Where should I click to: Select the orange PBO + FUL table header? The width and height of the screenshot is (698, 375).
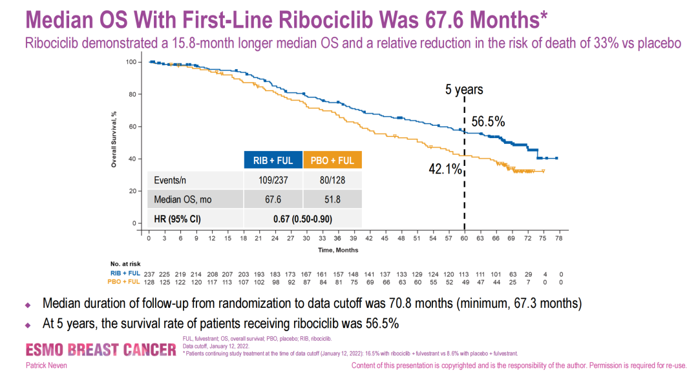click(x=332, y=161)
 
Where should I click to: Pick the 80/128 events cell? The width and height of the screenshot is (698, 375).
click(x=332, y=181)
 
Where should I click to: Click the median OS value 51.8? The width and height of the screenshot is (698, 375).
click(x=332, y=199)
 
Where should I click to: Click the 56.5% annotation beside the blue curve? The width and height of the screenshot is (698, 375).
click(x=488, y=121)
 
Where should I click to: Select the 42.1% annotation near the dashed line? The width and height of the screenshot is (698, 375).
click(x=445, y=169)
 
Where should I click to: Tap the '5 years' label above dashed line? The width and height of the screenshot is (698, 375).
click(x=464, y=90)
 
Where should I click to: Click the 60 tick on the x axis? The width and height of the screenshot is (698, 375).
click(x=464, y=238)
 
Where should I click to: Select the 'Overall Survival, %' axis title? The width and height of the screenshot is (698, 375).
click(x=114, y=139)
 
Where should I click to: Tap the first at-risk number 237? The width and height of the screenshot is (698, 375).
click(x=149, y=274)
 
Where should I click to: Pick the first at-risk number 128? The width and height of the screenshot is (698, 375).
click(x=149, y=282)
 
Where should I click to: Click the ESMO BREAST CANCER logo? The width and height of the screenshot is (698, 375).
click(x=100, y=350)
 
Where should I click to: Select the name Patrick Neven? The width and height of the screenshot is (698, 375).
click(x=45, y=366)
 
